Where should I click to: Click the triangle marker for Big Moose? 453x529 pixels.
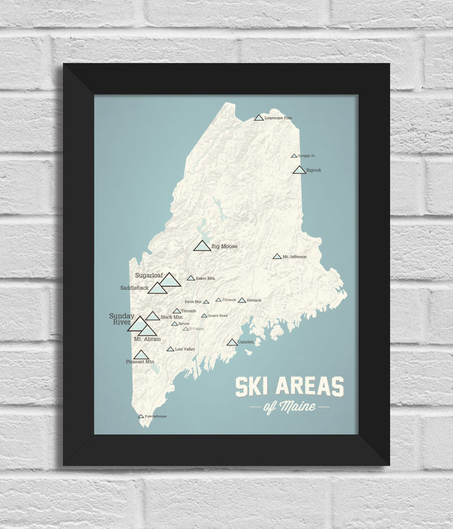(x=202, y=246)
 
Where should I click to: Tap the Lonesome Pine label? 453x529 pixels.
(x=278, y=118)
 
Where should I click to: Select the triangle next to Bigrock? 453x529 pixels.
(x=299, y=170)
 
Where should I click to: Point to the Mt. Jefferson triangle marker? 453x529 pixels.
(x=277, y=256)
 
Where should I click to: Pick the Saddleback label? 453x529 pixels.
(x=134, y=287)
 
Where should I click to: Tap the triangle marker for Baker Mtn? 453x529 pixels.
(x=191, y=278)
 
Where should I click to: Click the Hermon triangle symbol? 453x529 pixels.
(x=241, y=300)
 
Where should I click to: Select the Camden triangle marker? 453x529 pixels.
(x=232, y=342)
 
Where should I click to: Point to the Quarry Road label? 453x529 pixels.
(x=218, y=315)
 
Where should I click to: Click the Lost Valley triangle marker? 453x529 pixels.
(x=170, y=349)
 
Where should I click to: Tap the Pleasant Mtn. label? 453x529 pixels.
(x=141, y=361)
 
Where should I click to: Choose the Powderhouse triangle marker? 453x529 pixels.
(x=141, y=416)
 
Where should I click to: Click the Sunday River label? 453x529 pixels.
(x=121, y=319)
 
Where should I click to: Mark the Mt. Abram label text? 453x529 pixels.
(x=147, y=339)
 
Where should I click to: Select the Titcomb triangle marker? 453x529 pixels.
(x=176, y=311)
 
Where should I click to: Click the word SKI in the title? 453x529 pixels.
(x=252, y=387)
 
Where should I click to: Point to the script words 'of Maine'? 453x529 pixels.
(x=289, y=408)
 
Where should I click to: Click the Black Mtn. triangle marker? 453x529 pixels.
(x=153, y=316)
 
